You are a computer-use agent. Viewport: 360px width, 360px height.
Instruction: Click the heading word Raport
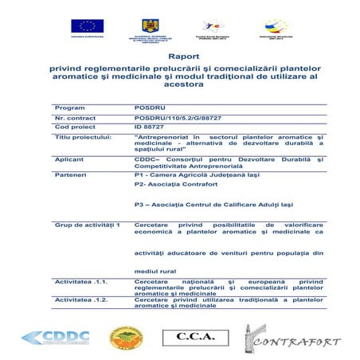[x=181, y=58]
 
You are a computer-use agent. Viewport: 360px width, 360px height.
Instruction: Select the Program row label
[x=68, y=107]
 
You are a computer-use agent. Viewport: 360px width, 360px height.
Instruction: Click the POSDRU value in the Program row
[x=147, y=107]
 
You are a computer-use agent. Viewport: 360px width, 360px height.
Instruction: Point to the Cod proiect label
[x=72, y=127]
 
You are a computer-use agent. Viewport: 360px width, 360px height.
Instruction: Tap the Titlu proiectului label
[x=84, y=136]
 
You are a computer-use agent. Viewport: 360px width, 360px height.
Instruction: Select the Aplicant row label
[x=69, y=159]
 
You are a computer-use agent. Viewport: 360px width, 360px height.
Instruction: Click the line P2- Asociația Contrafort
[x=176, y=184]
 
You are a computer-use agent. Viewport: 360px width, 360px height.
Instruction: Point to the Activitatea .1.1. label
[x=80, y=281]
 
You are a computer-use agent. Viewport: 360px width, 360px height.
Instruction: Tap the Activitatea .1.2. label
[x=80, y=299]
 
